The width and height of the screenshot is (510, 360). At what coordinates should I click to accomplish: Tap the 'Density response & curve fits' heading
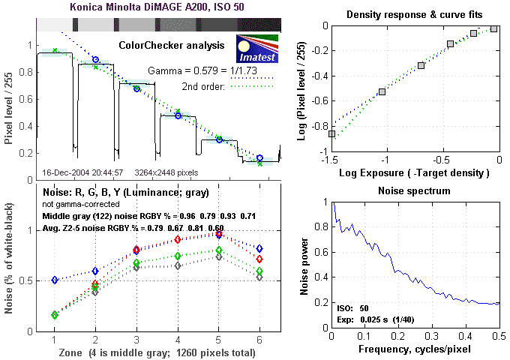point(415,15)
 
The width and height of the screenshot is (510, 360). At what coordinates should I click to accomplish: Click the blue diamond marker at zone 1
point(55,280)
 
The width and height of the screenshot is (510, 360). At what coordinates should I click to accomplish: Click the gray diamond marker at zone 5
point(218,256)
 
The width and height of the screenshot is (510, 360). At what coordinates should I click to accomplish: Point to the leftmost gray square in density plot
point(331,133)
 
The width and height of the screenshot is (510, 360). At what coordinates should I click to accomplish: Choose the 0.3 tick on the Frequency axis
point(432,337)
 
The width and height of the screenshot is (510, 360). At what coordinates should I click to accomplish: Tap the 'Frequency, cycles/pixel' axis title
point(415,349)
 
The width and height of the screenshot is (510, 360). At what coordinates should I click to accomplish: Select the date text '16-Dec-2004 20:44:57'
point(75,172)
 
